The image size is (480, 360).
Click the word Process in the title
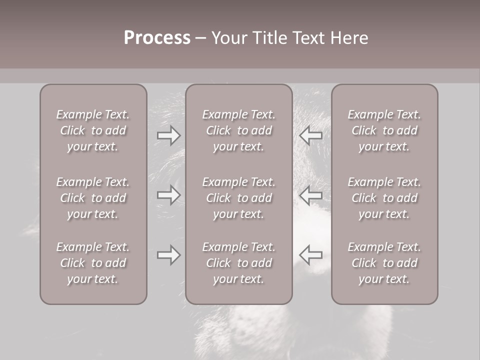coord(157,38)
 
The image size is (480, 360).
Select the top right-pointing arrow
coord(168,134)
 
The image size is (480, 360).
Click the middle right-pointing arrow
coord(168,194)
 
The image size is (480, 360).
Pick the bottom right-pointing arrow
coord(168,255)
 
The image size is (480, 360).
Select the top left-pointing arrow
coord(310,134)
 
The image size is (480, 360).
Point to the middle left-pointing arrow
coord(310,194)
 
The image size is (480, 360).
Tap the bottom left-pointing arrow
coord(310,255)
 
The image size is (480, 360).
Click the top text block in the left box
coord(93,130)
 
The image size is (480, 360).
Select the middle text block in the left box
coord(93,198)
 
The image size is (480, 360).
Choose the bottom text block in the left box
coord(93,263)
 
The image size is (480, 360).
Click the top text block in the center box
coord(238,130)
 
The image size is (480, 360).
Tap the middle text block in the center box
coord(238,198)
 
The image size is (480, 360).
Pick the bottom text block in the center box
coord(238,263)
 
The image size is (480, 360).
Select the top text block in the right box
coord(384,130)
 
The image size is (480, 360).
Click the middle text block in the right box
coord(384,198)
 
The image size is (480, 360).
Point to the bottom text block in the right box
coord(384,263)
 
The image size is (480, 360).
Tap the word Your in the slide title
coord(228,38)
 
